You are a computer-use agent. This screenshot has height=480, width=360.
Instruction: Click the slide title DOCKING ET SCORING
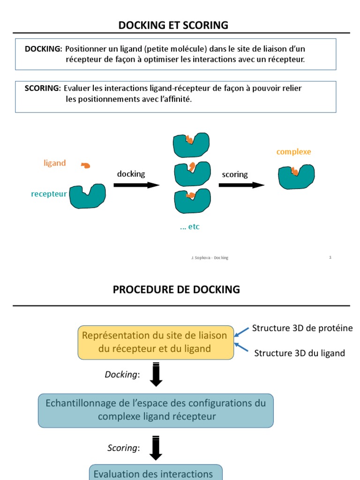(173, 25)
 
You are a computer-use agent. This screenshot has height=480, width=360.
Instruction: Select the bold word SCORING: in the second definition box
(43, 88)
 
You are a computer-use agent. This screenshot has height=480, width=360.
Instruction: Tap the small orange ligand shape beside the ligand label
(85, 165)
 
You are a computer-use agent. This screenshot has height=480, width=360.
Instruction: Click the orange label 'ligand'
(55, 163)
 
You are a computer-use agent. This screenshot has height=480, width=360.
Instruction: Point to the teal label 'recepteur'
(49, 194)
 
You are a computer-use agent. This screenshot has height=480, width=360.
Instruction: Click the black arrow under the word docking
(136, 185)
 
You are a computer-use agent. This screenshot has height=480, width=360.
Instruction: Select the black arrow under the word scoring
(241, 185)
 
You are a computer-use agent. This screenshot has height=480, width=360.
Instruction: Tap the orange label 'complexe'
(294, 152)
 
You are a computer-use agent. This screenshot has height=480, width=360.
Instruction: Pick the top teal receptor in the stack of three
(191, 145)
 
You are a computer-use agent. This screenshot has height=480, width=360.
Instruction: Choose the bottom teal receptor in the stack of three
(192, 201)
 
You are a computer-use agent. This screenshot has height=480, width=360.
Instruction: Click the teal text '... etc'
(190, 227)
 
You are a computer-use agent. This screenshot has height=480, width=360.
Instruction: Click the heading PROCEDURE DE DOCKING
(176, 290)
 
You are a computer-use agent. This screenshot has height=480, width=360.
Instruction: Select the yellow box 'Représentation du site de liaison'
(156, 342)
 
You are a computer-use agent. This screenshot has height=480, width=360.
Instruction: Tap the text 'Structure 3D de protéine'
(302, 328)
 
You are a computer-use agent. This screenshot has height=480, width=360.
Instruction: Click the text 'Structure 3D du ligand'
(300, 353)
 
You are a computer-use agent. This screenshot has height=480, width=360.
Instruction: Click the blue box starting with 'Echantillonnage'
(156, 410)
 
